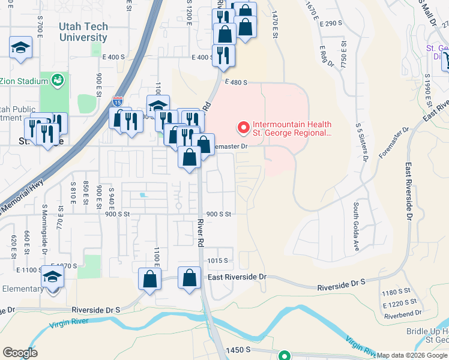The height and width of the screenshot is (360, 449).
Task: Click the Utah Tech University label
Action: tap(83, 32)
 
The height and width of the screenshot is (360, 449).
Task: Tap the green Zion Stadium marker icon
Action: tap(58, 79)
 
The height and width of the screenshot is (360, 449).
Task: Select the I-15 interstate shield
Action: tap(118, 101)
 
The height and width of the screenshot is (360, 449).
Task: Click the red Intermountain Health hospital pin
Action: tap(244, 127)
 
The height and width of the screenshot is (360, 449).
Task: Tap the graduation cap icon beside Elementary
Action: tap(52, 278)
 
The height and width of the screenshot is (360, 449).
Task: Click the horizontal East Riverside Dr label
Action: tap(236, 277)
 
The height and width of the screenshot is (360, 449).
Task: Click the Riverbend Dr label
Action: tap(403, 313)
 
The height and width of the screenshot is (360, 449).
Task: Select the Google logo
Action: tap(20, 353)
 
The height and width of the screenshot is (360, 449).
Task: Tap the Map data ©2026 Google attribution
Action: tap(412, 355)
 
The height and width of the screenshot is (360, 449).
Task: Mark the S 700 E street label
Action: tap(39, 24)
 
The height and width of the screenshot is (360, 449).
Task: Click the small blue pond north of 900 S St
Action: tap(142, 195)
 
